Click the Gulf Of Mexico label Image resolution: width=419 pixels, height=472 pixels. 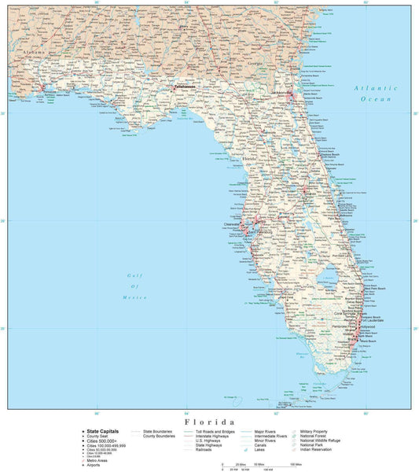(x=137, y=286)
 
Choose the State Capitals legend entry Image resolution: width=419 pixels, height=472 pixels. (x=103, y=431)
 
